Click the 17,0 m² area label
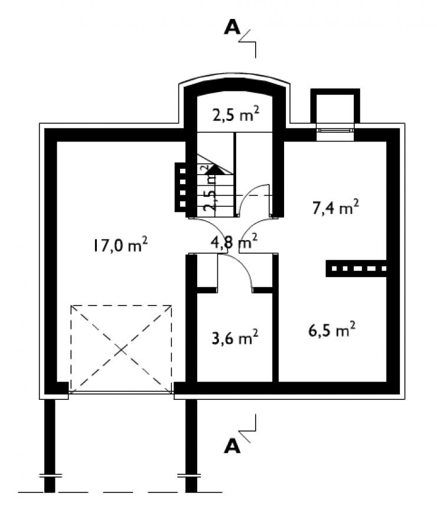(120, 245)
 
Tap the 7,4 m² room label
(335, 207)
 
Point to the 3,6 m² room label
(234, 337)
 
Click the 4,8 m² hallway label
(234, 241)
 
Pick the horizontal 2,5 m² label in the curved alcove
(236, 114)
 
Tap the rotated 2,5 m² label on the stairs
(210, 188)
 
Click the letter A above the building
(232, 28)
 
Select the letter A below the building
(232, 446)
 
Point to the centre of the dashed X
(121, 350)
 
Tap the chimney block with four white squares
(181, 187)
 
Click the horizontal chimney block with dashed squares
(356, 268)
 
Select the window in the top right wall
(335, 130)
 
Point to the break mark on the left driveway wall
(50, 475)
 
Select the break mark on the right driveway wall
(189, 475)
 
